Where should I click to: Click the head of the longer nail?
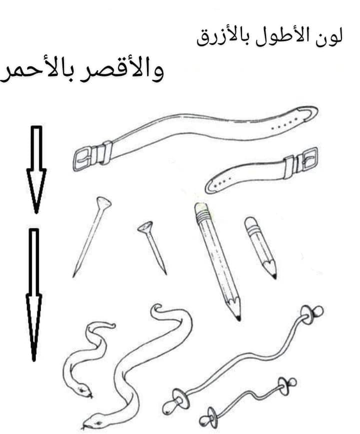104,203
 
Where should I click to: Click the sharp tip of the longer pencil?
238,318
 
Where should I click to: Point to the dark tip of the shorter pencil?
273,276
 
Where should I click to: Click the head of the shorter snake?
82,390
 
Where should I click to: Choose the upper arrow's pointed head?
36,190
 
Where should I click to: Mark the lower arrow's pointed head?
34,327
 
